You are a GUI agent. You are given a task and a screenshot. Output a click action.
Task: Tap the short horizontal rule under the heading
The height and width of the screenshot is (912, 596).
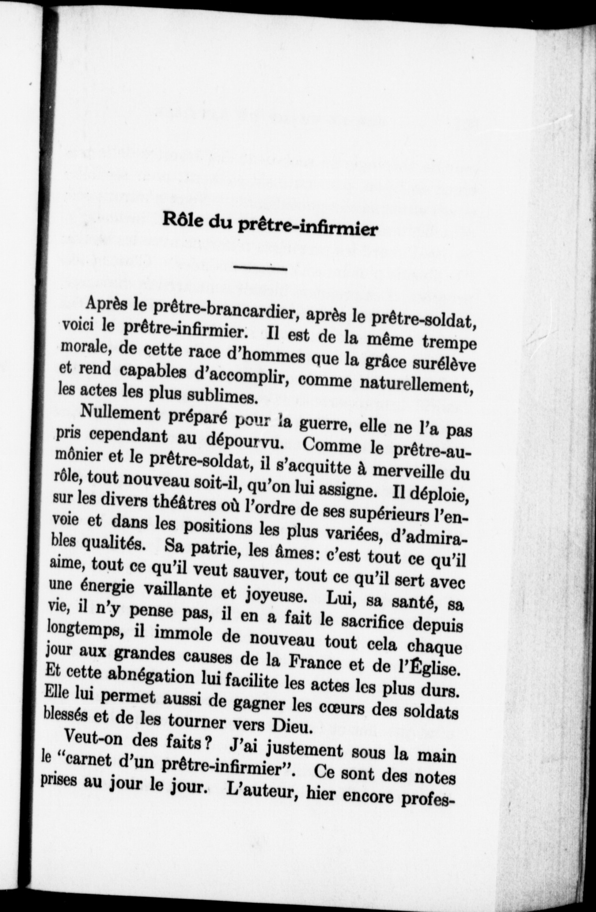click(261, 269)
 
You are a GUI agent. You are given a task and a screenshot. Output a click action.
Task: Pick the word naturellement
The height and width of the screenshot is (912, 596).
click(416, 387)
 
